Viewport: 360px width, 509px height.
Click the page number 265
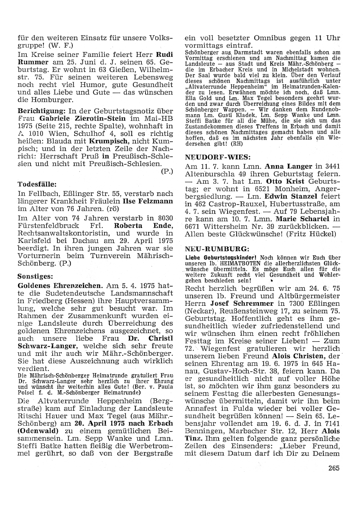[334, 468]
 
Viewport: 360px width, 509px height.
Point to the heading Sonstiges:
[35, 277]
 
